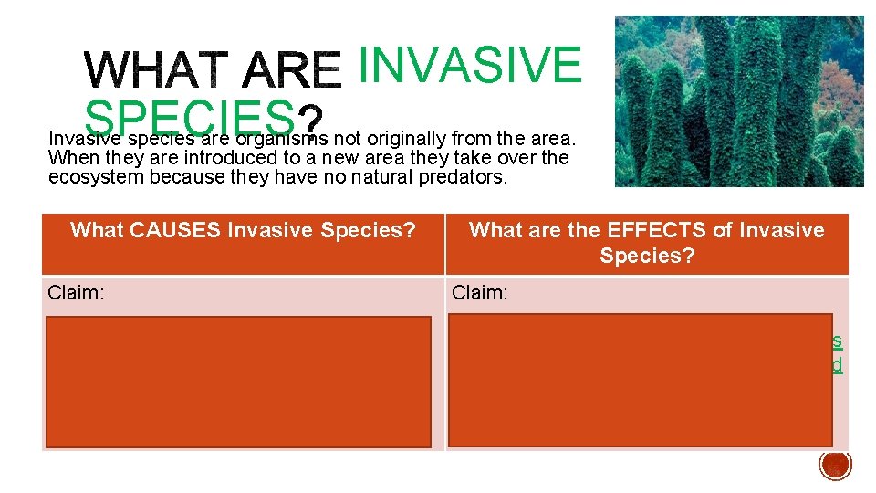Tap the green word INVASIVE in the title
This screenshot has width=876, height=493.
click(469, 63)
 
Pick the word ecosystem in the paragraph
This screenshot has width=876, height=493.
click(97, 177)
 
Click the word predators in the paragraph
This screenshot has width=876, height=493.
click(461, 177)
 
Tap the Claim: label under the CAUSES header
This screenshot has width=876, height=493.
click(77, 292)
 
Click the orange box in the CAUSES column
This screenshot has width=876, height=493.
click(238, 382)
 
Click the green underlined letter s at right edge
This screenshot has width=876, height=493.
click(837, 341)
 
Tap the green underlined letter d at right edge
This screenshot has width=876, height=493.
click(837, 365)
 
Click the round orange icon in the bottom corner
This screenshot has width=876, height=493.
click(835, 464)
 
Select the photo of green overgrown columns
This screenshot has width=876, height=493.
click(738, 100)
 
